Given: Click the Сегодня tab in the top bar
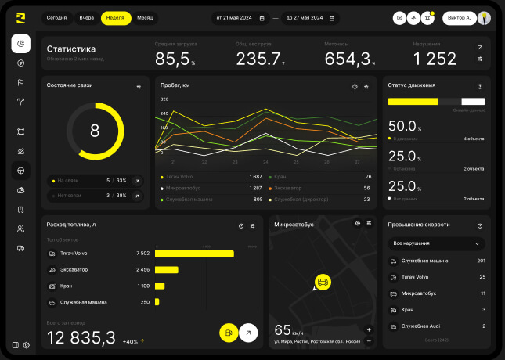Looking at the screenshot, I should [56, 17].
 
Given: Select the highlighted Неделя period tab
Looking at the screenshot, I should [116, 17].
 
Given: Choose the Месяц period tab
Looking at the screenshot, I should [145, 17].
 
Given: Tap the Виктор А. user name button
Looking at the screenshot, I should [457, 17].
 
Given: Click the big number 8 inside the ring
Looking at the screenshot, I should [95, 131].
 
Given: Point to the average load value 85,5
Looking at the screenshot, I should [173, 59].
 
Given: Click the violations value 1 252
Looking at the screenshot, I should [435, 59].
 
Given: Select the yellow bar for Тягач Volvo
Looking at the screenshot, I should [195, 254].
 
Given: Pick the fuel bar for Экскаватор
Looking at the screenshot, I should [167, 270].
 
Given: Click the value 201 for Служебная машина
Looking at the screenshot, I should [481, 261].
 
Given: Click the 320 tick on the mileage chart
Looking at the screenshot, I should [164, 99].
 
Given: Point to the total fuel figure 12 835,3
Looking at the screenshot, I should [81, 337].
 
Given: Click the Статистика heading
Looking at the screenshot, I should [71, 49].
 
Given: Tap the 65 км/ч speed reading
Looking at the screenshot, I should [288, 330].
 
